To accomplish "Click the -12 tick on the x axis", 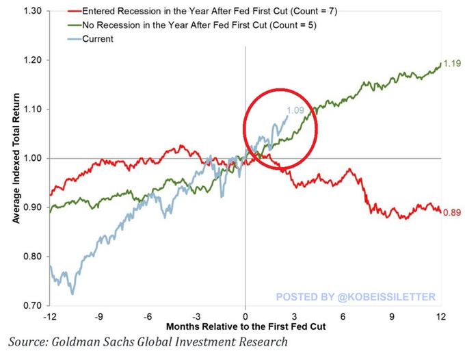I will click(50, 316).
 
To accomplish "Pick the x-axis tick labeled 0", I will click(245, 316).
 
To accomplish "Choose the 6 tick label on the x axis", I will click(343, 316).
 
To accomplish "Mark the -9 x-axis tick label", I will click(98, 316).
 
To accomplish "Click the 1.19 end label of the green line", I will click(452, 64).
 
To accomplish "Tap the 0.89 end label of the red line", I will click(452, 213).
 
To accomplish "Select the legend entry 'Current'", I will click(98, 39).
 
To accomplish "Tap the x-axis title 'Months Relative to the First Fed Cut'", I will click(245, 326).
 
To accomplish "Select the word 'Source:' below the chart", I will click(28, 342).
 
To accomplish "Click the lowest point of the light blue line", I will click(72, 294).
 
